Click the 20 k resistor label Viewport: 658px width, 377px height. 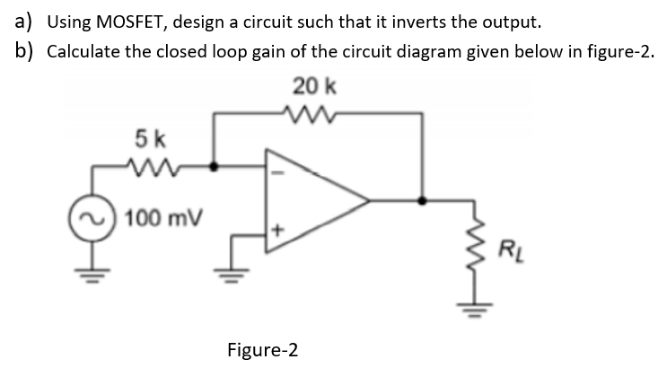pos(314,86)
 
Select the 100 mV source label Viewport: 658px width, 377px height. pos(164,218)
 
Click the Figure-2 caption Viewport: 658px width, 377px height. pos(262,348)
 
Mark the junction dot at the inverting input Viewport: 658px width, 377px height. pos(213,166)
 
